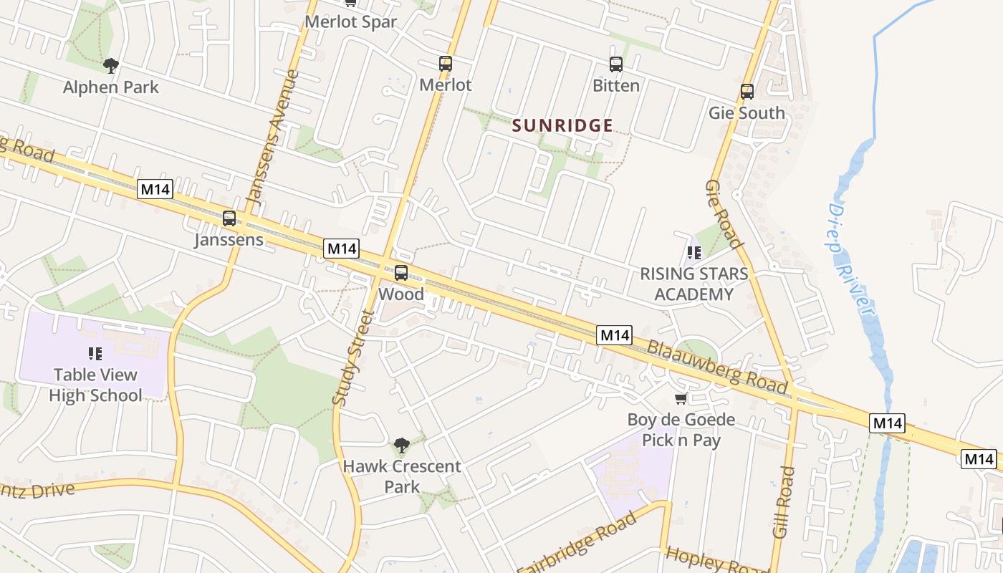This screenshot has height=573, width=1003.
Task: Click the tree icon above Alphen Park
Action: point(110,66)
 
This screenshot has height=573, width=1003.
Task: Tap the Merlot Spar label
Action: point(350,21)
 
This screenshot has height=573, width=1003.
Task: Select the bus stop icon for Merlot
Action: point(446,64)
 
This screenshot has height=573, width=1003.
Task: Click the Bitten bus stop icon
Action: point(615,64)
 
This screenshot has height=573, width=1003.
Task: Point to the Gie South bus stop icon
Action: point(747,92)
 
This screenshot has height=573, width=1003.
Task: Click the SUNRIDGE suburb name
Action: point(562,126)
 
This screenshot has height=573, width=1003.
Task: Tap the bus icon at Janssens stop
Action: point(229,218)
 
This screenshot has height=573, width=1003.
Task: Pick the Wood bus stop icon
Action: point(401,273)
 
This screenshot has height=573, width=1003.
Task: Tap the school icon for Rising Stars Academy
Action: point(694,253)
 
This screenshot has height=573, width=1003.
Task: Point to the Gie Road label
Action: point(723,214)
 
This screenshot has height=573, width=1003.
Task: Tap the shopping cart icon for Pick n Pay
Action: point(681,399)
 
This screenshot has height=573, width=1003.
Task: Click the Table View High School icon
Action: point(95,353)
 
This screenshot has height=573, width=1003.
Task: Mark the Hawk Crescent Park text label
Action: point(401,476)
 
